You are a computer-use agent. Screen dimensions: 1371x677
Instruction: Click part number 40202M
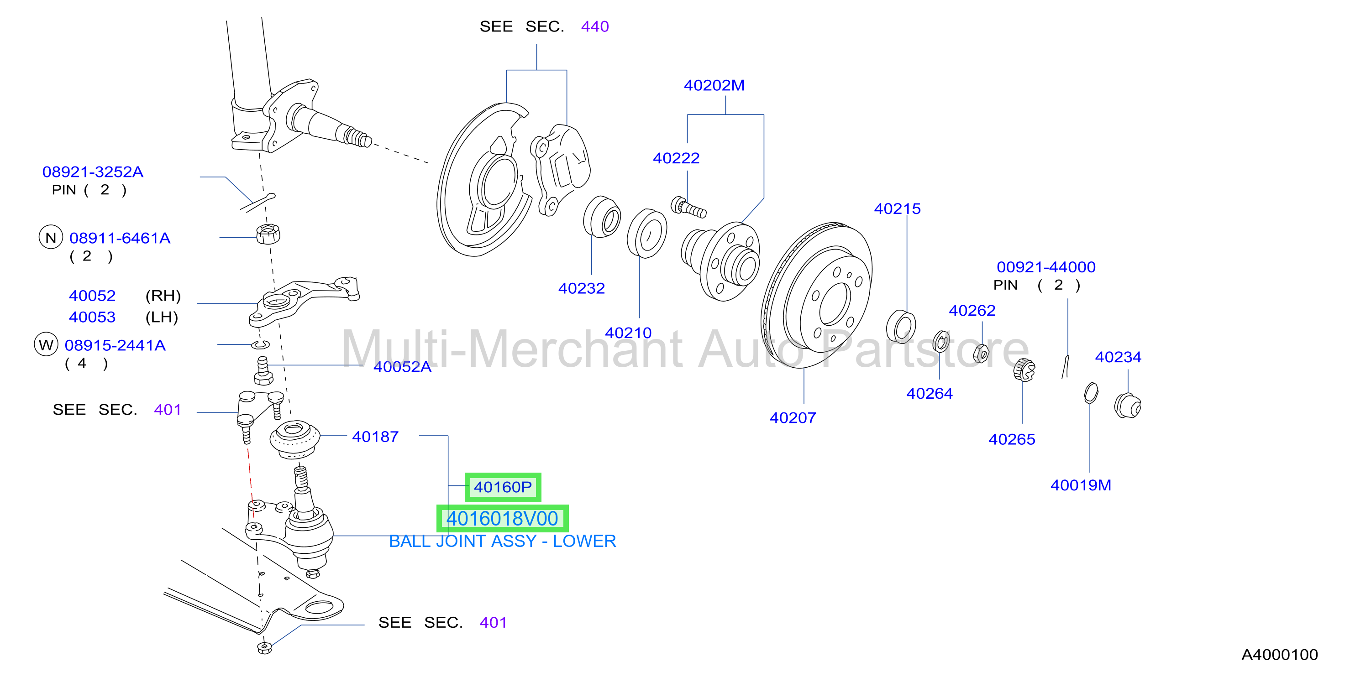point(714,85)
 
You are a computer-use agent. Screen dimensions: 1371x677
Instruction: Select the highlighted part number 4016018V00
point(502,519)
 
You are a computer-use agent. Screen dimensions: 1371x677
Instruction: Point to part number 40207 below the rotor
point(793,417)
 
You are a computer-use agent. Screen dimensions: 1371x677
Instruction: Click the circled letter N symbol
point(51,237)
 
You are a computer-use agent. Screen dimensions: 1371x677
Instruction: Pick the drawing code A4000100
point(1279,654)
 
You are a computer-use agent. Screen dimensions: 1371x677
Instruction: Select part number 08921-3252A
point(93,172)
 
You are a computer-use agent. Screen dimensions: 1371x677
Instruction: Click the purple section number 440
point(594,26)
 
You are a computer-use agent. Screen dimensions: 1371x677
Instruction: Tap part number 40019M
point(1080,485)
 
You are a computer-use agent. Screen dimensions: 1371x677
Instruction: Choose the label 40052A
point(402,366)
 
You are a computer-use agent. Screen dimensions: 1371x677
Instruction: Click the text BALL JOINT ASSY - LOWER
point(502,541)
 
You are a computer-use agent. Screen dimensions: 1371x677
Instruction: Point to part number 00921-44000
point(1046,266)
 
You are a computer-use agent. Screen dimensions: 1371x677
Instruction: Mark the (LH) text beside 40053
point(162,317)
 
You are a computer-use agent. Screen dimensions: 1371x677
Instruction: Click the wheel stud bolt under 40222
point(688,208)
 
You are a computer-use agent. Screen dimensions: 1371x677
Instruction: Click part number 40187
point(375,437)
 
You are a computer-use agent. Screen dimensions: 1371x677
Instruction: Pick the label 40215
point(897,208)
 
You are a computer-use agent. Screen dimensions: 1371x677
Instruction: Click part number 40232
point(581,288)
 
